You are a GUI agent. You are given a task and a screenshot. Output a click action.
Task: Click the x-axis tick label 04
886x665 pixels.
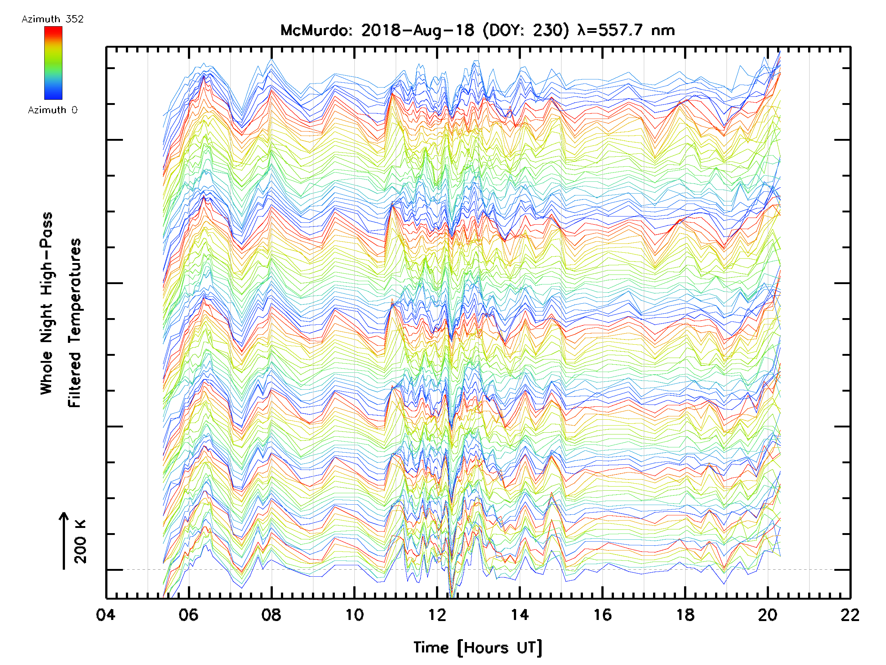(106, 614)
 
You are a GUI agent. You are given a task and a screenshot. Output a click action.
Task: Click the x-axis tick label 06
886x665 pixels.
(188, 614)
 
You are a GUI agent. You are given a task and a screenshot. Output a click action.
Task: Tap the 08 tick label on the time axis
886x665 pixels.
(271, 614)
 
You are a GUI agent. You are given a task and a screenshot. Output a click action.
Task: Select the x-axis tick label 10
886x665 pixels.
(354, 614)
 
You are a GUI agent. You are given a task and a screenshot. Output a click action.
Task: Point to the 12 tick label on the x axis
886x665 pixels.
(437, 614)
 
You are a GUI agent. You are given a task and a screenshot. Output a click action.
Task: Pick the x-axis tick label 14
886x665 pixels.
(519, 614)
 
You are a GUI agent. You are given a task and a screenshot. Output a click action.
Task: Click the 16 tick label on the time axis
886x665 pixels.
(602, 614)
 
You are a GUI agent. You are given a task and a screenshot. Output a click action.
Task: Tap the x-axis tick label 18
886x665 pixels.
(685, 614)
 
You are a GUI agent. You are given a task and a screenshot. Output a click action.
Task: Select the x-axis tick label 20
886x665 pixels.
(768, 614)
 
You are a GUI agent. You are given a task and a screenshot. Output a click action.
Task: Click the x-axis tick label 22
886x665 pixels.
(850, 614)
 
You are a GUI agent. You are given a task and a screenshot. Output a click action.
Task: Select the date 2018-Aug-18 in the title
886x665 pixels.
(418, 30)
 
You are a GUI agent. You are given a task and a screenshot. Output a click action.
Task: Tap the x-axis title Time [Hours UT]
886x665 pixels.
(477, 648)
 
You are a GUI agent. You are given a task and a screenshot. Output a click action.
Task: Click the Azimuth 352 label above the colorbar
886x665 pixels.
(52, 19)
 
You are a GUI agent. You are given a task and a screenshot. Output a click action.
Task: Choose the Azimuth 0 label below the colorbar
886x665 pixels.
(52, 110)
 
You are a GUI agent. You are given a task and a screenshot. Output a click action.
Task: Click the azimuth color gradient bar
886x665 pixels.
(53, 63)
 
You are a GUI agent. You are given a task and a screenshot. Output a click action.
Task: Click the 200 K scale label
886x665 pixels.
(80, 542)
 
